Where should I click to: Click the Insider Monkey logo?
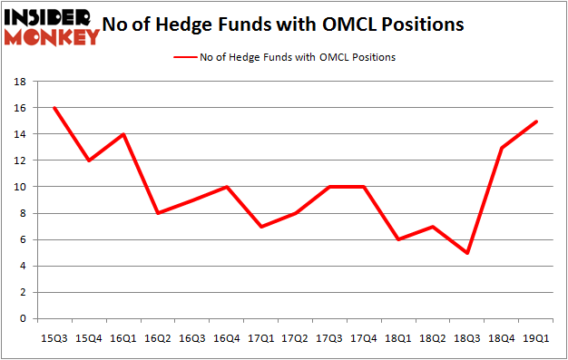pos(51,26)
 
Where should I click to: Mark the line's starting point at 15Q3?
pos(54,108)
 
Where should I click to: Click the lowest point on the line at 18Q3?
pos(468,253)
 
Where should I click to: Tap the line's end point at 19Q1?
pos(537,122)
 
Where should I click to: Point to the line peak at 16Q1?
pos(123,134)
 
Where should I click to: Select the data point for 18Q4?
pos(503,148)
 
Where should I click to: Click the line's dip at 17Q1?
pos(261,227)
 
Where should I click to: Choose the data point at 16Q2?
pos(158,213)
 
